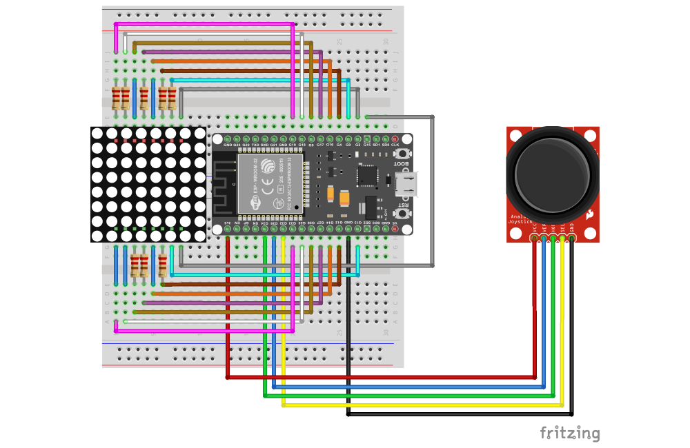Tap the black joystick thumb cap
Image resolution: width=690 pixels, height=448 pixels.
tap(552, 174)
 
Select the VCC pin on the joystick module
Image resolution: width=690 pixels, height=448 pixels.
tap(534, 238)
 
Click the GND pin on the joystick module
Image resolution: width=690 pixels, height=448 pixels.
tap(571, 238)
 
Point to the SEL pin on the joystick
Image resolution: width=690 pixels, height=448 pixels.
tap(562, 238)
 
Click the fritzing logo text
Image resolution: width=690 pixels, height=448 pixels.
tap(569, 433)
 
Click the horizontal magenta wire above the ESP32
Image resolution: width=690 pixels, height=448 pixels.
tap(207, 24)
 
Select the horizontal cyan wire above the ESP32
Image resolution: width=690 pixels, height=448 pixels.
tap(262, 80)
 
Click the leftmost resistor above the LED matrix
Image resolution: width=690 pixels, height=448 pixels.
tap(116, 98)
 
